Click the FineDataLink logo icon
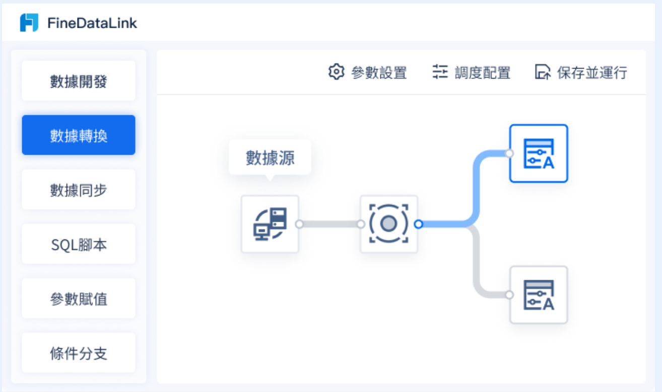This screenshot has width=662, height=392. click(29, 23)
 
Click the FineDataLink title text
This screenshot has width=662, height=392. click(92, 23)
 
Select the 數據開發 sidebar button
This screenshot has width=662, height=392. click(79, 81)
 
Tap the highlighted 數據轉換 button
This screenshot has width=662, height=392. click(79, 136)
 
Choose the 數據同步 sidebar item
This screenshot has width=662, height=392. click(79, 190)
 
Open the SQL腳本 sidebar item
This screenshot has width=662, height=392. click(79, 244)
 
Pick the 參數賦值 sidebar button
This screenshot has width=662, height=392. click(79, 299)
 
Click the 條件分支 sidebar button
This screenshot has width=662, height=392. click(79, 353)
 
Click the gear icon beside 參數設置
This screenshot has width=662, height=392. click(336, 72)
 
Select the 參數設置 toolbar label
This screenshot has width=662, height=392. click(379, 73)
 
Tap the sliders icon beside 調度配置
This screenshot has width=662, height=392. click(440, 72)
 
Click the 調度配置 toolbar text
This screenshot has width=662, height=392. click(482, 73)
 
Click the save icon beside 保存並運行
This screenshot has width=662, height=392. click(543, 72)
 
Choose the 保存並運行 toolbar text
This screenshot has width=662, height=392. click(592, 73)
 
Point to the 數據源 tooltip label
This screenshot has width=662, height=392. click(270, 158)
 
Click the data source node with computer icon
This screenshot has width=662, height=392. click(270, 224)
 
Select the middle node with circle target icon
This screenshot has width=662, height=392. click(389, 224)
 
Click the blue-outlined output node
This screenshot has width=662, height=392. click(539, 153)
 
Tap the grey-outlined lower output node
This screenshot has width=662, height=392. click(539, 295)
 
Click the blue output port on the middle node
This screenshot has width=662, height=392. click(418, 224)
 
